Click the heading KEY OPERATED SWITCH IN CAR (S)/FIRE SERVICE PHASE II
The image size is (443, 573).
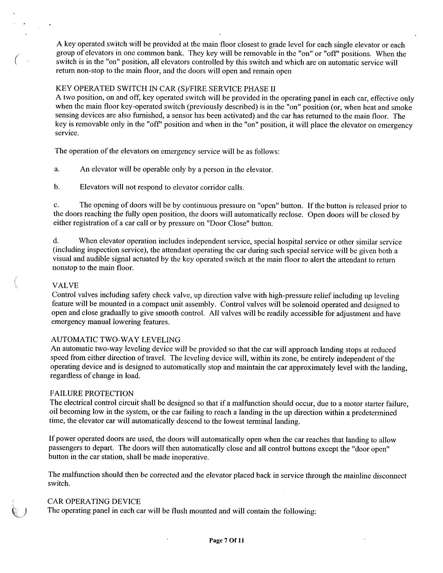click(x=165, y=89)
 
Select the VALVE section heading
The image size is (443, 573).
click(x=65, y=285)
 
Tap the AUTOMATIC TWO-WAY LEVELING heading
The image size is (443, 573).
click(x=116, y=340)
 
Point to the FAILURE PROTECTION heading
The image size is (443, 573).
click(x=91, y=393)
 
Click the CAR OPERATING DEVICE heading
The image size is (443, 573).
click(x=94, y=501)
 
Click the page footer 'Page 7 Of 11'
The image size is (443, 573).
click(x=226, y=540)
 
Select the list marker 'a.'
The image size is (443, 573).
click(x=57, y=169)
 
